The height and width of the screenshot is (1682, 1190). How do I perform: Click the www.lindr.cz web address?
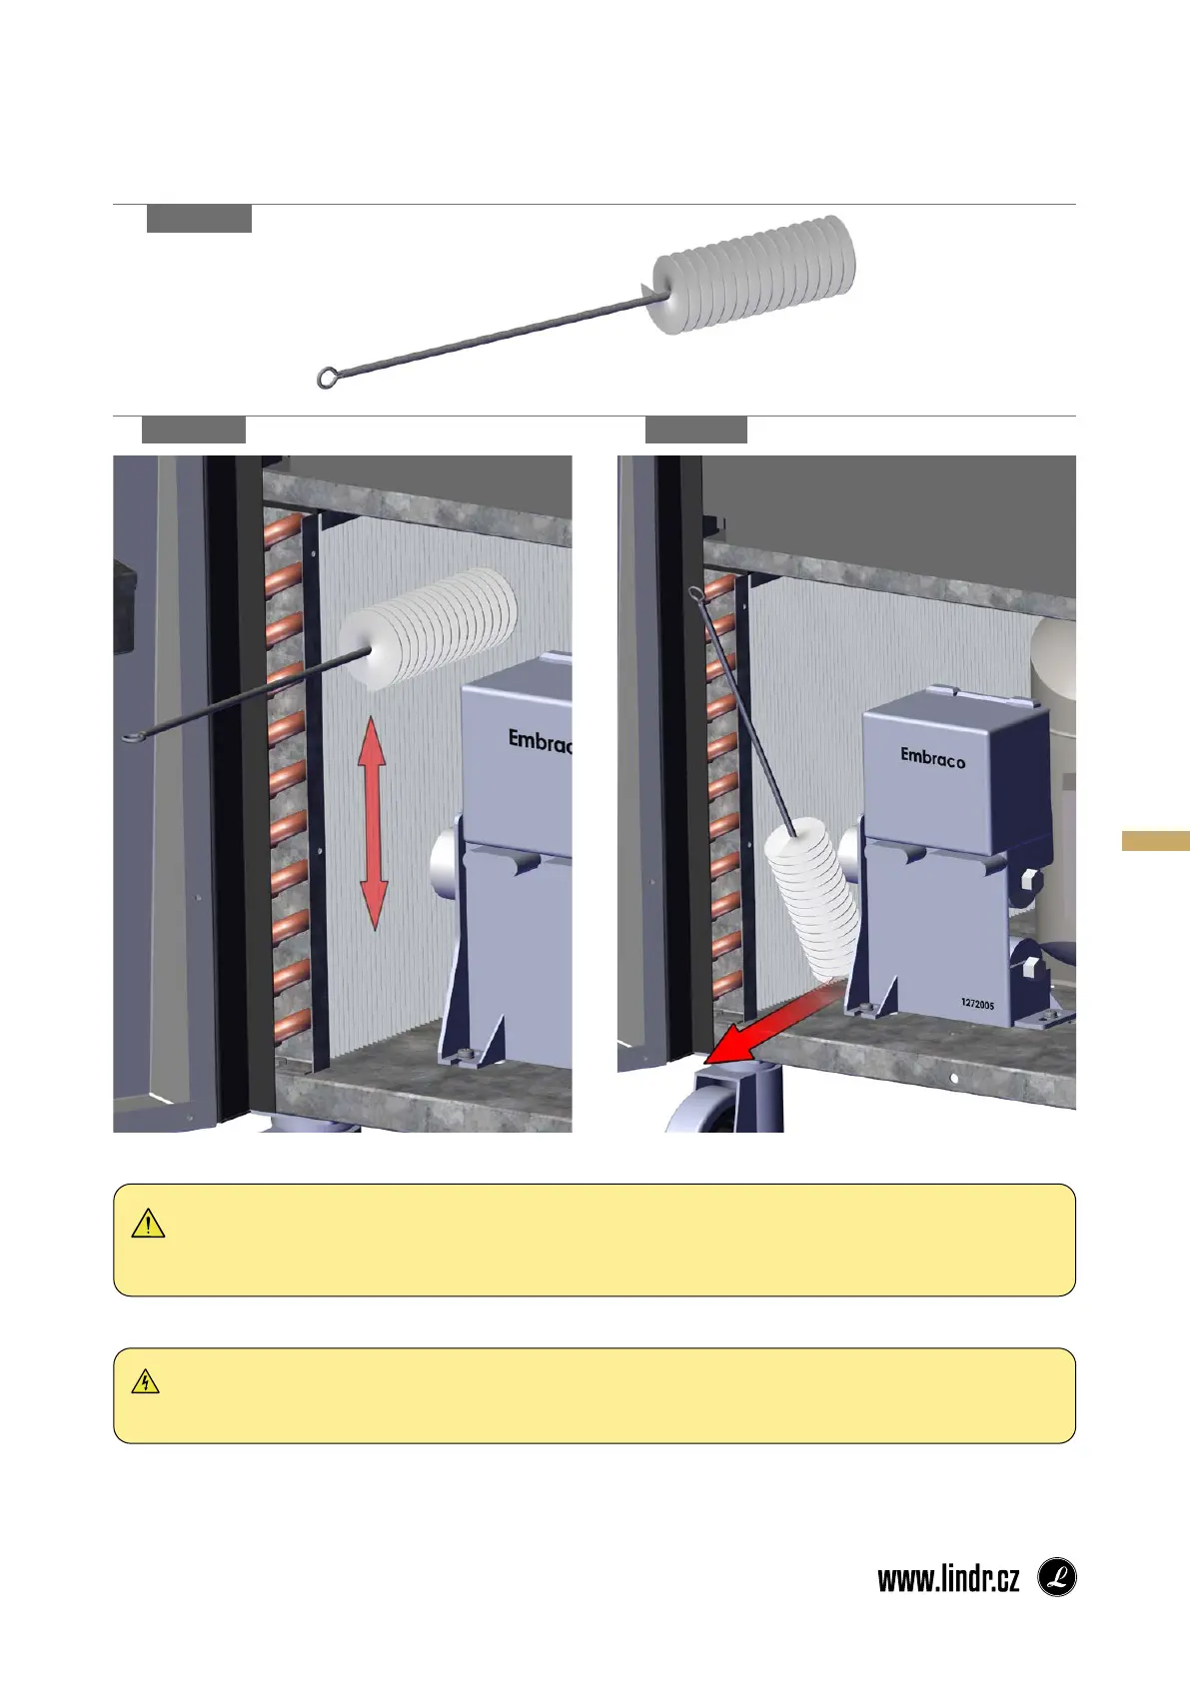tap(948, 1579)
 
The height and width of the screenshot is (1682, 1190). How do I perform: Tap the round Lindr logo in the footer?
tap(1056, 1578)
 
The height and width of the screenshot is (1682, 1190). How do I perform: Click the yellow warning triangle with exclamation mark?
tap(148, 1224)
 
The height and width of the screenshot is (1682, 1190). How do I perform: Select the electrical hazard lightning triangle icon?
tap(146, 1382)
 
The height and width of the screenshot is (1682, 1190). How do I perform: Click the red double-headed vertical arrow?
tap(373, 823)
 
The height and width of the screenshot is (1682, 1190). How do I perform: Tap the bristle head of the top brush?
tap(753, 275)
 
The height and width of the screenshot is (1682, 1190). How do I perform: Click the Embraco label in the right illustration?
tap(932, 757)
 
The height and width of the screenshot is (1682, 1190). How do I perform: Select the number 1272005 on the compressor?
tap(977, 1004)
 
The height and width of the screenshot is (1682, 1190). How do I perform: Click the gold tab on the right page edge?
tap(1155, 840)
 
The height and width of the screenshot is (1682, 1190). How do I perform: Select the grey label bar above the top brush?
tap(199, 219)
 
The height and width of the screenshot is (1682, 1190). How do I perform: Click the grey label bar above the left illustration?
tap(194, 429)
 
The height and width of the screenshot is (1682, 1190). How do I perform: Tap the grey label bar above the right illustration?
tap(696, 429)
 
